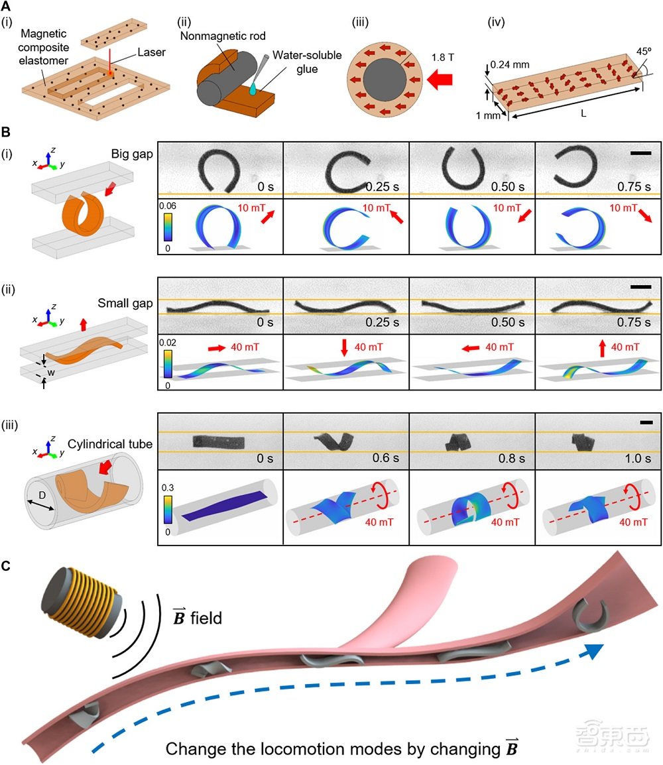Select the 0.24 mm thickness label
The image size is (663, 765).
point(511,66)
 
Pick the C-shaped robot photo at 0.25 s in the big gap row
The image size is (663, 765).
point(347,170)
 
